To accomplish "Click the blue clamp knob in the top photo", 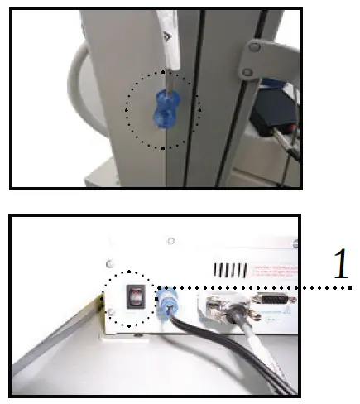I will (165, 109).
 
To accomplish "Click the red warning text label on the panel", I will (270, 268).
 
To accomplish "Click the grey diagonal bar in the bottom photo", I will (50, 348).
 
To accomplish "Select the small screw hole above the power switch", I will (170, 241).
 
